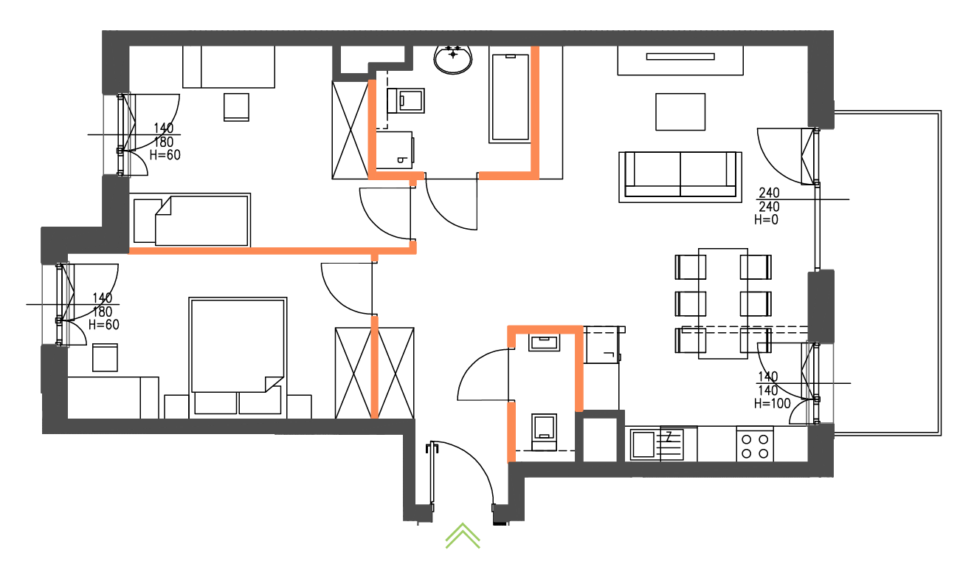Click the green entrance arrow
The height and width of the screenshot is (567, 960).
[x=463, y=536]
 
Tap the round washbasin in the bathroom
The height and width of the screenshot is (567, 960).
[x=453, y=59]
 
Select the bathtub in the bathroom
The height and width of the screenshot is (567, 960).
[x=509, y=97]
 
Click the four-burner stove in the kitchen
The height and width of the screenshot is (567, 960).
[x=754, y=445]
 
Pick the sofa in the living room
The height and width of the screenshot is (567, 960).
[x=680, y=176]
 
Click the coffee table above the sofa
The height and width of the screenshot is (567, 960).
[x=680, y=111]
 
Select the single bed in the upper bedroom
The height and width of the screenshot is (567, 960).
[x=191, y=220]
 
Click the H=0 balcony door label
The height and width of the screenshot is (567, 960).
[x=766, y=219]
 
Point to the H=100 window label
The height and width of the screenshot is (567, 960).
[x=772, y=403]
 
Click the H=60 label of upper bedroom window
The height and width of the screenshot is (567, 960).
[x=165, y=155]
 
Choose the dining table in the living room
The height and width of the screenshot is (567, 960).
[x=723, y=303]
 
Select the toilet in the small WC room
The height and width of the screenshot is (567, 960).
[x=545, y=429]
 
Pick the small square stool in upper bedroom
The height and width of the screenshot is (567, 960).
[x=236, y=106]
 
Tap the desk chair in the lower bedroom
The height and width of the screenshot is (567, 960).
[x=105, y=357]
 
